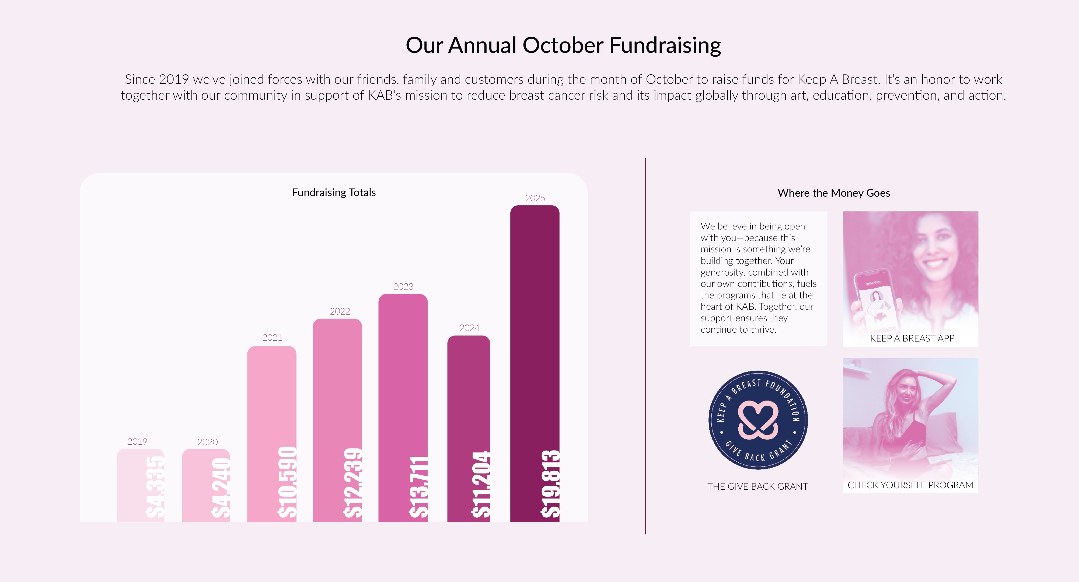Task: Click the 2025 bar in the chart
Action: pos(535,363)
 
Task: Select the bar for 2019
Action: pos(140,485)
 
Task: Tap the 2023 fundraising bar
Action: pos(403,408)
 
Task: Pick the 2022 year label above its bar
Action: pos(340,311)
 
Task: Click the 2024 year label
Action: pos(469,328)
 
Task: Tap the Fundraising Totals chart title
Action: pos(334,192)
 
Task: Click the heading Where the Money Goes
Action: pos(833,193)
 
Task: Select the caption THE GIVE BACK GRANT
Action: pos(757,486)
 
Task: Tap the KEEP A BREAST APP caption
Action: pos(912,338)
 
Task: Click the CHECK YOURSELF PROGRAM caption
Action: pos(910,485)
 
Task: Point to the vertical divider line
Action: pos(645,346)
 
